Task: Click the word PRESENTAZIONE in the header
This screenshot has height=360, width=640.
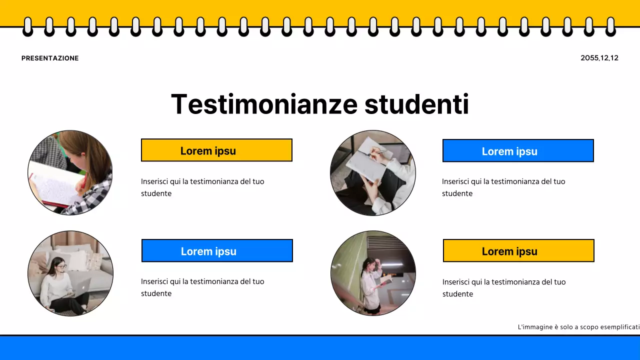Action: [x=50, y=58]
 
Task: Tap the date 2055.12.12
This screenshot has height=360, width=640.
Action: [x=599, y=58]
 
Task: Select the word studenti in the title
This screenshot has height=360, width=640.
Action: [x=416, y=104]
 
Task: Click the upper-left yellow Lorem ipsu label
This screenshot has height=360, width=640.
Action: [x=216, y=150]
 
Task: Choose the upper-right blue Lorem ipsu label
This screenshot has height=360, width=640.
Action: [x=518, y=151]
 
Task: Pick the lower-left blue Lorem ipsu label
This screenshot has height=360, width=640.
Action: [x=217, y=251]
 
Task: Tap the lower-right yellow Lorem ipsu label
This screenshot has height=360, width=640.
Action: [x=518, y=251]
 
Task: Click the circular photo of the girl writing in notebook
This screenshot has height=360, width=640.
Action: [x=70, y=173]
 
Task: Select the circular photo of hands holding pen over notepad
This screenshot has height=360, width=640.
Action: [x=373, y=173]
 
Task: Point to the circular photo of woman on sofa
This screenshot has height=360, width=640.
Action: [x=70, y=273]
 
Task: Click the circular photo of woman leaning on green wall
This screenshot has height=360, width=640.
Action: [x=373, y=273]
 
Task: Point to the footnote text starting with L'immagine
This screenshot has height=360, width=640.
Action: [x=578, y=327]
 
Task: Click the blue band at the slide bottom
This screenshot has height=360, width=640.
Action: [x=320, y=348]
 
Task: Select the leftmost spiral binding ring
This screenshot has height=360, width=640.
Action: [x=27, y=26]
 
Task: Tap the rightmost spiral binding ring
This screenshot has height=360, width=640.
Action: [x=610, y=26]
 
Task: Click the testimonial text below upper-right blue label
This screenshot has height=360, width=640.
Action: [x=503, y=187]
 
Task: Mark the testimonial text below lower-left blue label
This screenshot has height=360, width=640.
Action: [x=202, y=287]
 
